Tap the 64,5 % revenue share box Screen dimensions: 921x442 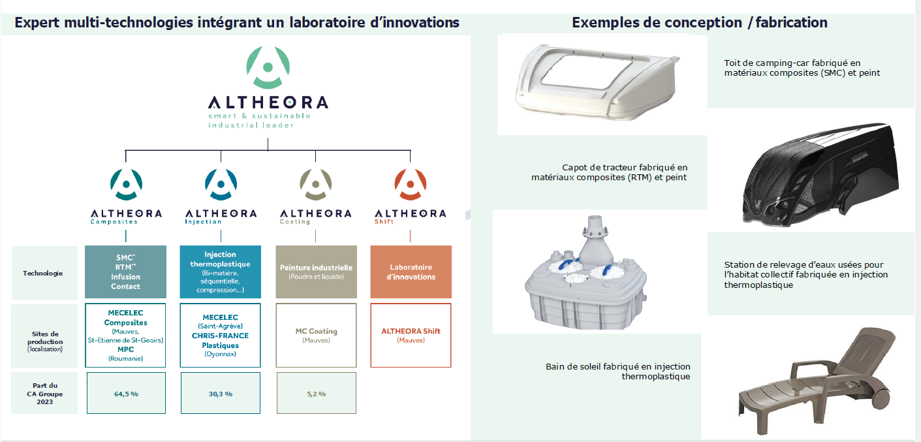coord(126,393)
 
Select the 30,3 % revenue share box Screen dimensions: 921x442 coord(221,393)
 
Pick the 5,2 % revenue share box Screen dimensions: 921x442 coord(316,393)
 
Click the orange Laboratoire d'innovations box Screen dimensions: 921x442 coord(411,272)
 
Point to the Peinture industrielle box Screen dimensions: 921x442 coord(316,272)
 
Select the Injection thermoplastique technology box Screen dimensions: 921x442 coord(221,272)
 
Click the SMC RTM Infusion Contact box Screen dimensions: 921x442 coord(125,272)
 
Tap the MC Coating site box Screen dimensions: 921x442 coord(316,335)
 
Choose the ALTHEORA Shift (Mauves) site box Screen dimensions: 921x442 coord(411,335)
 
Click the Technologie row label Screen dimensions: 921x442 coord(43,273)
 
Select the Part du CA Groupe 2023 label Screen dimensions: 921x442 coord(45,394)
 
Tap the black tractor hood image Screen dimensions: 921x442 coord(820,175)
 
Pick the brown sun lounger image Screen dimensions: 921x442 coord(816,381)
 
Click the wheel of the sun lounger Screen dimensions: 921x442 coord(881,398)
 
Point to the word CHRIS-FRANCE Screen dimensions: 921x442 coord(220,336)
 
